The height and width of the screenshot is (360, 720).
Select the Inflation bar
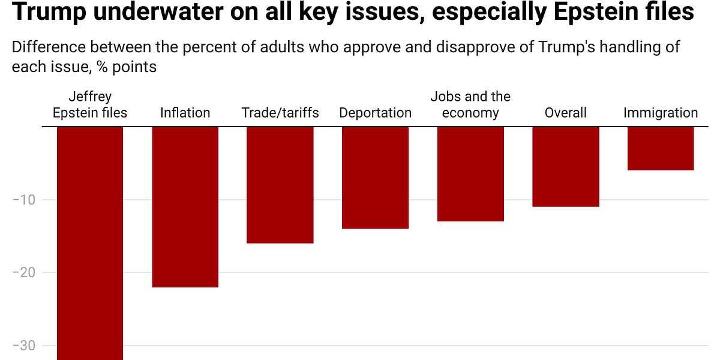pyautogui.click(x=185, y=207)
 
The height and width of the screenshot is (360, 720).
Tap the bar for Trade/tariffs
pyautogui.click(x=280, y=185)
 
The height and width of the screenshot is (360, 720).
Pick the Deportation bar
pyautogui.click(x=375, y=178)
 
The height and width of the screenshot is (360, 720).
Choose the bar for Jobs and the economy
pyautogui.click(x=470, y=174)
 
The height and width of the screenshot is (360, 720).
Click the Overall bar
pyautogui.click(x=566, y=167)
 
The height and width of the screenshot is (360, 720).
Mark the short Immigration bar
pyautogui.click(x=661, y=148)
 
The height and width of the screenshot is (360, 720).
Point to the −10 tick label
pyautogui.click(x=24, y=199)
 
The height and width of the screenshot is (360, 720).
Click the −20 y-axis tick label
pyautogui.click(x=24, y=272)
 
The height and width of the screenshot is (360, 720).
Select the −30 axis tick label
pyautogui.click(x=24, y=346)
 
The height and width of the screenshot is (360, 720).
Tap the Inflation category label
pyautogui.click(x=185, y=113)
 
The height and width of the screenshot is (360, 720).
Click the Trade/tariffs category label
pyautogui.click(x=280, y=113)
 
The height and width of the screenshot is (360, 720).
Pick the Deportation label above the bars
pyautogui.click(x=375, y=113)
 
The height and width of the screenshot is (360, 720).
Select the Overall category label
pyautogui.click(x=566, y=113)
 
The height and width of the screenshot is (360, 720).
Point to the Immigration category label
pyautogui.click(x=661, y=113)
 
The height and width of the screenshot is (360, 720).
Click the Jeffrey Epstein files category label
pyautogui.click(x=90, y=105)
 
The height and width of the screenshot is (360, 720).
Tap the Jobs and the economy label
pyautogui.click(x=470, y=105)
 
